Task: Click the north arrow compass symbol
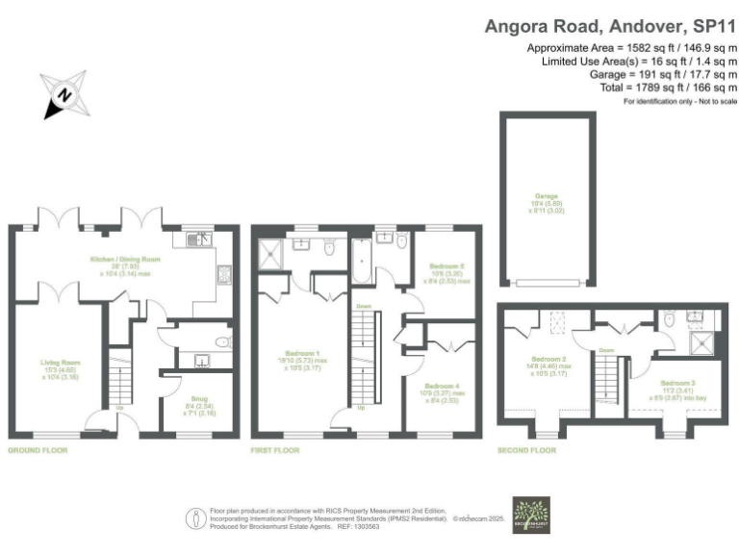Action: pyautogui.click(x=64, y=94)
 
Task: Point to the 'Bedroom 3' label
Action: pyautogui.click(x=682, y=368)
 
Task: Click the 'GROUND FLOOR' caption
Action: pyautogui.click(x=38, y=449)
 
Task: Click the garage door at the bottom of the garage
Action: pyautogui.click(x=545, y=282)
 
